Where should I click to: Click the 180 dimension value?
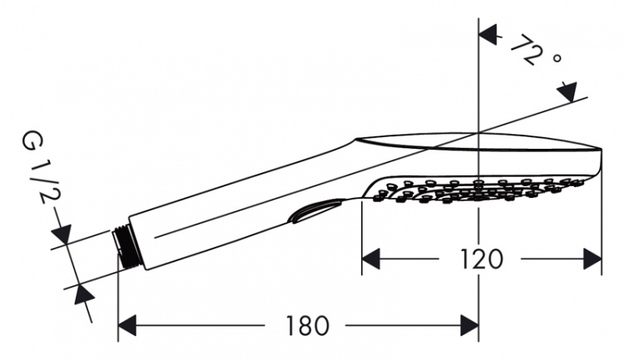pos(308,326)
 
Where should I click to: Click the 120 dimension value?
pos(482,259)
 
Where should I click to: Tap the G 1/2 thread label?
pos(37,170)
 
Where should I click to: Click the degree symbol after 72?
pos(557,58)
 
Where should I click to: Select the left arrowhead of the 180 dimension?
pos(127,325)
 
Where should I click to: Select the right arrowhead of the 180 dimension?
pos(469,325)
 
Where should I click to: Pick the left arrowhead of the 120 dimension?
pos(370,259)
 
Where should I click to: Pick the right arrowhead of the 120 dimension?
pos(592,259)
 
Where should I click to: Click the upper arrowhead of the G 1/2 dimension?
pos(62,234)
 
